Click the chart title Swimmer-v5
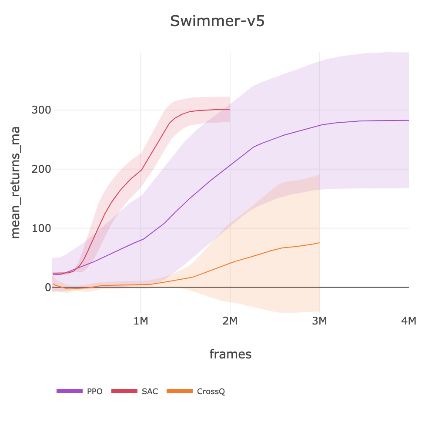coord(217,21)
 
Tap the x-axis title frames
coord(230,354)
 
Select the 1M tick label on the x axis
coord(141,321)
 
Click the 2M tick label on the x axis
coord(230,321)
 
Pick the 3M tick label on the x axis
coord(320,321)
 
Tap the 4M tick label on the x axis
coord(409,321)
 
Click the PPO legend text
coord(95,391)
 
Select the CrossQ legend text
coord(211,391)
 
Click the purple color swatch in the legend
coord(69,391)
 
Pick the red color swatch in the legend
coord(124,391)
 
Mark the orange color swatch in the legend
coord(180,391)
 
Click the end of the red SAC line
coord(230,109)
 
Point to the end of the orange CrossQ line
coord(319,243)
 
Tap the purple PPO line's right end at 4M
coord(408,120)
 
